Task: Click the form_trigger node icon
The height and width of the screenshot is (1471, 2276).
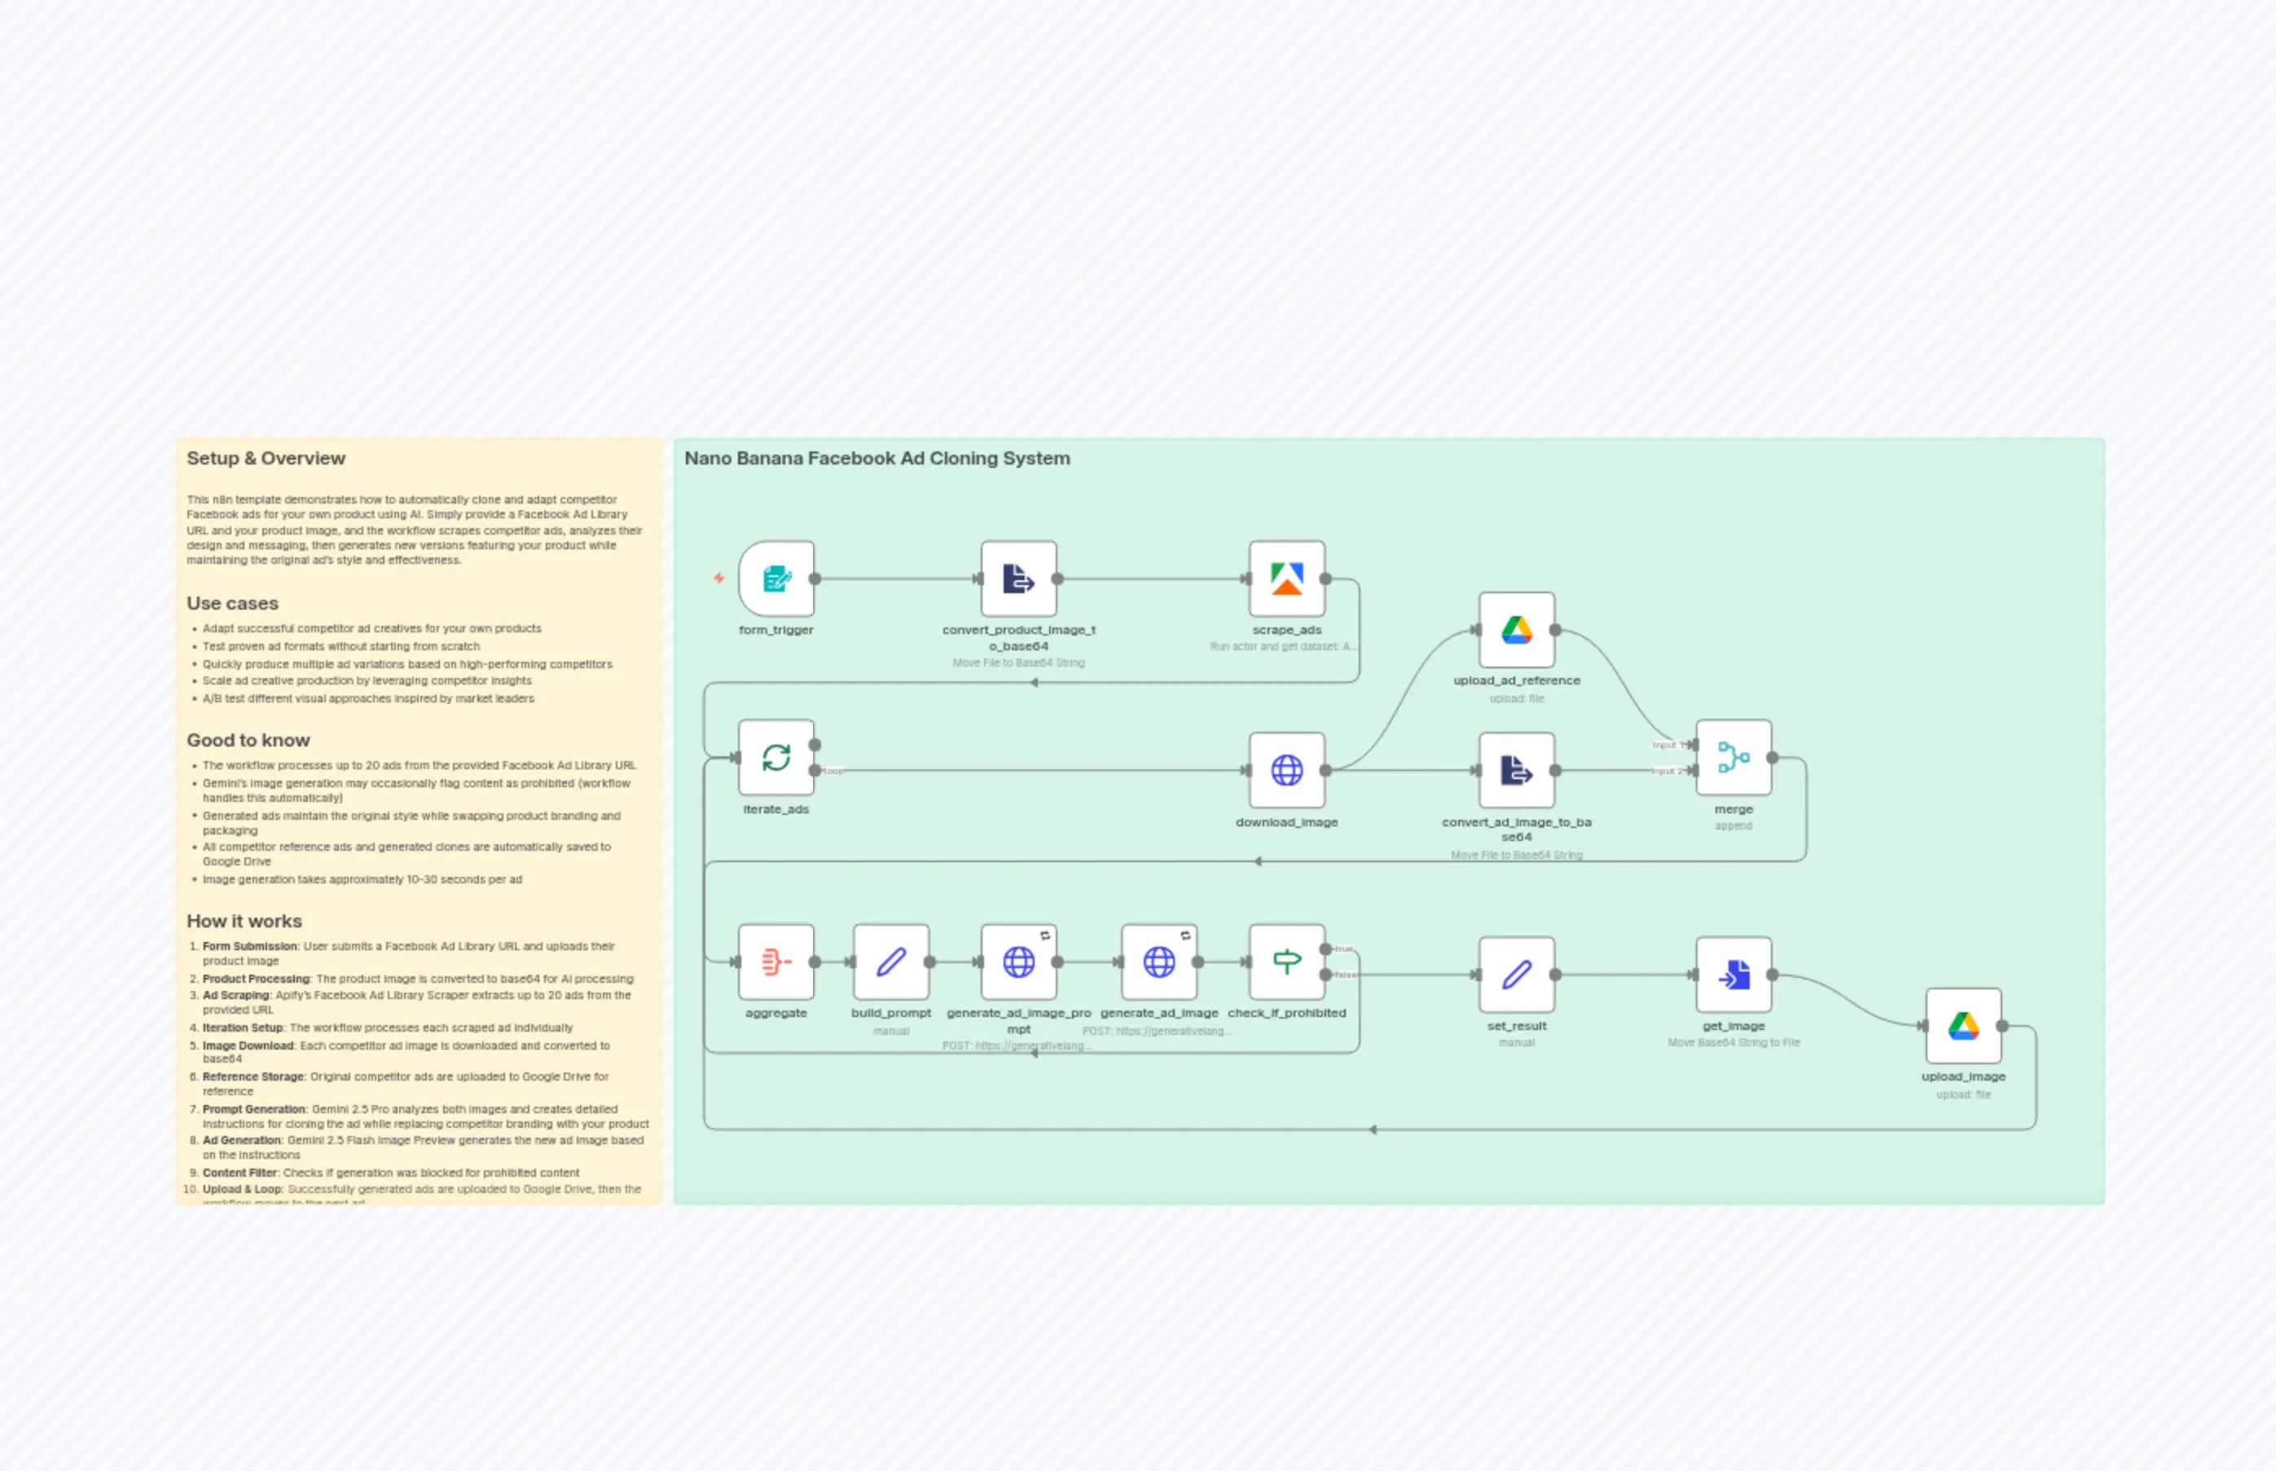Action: pos(776,579)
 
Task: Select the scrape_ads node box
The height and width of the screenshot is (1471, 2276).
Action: pos(1287,579)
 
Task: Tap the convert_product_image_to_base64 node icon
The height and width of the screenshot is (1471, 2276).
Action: pos(1019,579)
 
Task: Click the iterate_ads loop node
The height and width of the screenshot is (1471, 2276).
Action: pos(776,757)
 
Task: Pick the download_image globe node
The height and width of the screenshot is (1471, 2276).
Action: pos(1287,770)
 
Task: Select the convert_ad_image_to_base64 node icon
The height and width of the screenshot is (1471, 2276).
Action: pos(1516,770)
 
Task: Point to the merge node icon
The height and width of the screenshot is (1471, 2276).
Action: pos(1733,757)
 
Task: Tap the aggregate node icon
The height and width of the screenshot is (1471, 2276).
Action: pos(776,962)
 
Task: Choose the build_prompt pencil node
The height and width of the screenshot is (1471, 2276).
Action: pos(890,962)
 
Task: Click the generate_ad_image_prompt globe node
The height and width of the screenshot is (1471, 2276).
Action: pos(1019,962)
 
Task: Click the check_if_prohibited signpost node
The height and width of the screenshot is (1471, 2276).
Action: pos(1287,962)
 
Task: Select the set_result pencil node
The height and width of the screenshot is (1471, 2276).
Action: pos(1516,975)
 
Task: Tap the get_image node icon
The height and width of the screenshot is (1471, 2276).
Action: pos(1733,975)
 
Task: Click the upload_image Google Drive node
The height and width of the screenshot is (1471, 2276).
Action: pos(1963,1026)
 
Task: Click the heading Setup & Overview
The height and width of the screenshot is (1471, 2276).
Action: pos(266,459)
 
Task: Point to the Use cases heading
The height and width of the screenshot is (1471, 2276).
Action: pos(233,604)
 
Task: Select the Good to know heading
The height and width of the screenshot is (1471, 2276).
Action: pos(248,740)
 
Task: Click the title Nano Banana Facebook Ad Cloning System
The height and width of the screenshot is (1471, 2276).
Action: pos(877,459)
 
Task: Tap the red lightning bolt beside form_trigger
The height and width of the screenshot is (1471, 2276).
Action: pos(719,578)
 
